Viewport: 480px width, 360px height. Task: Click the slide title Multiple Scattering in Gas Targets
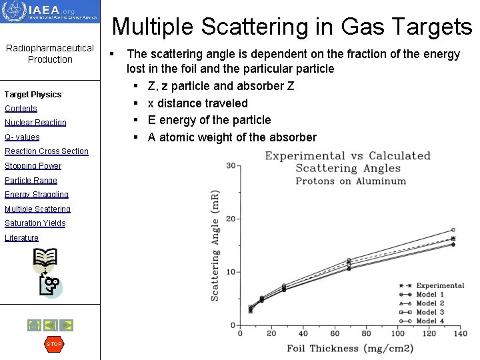pyautogui.click(x=292, y=27)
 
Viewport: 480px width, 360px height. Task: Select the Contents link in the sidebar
pyautogui.click(x=21, y=109)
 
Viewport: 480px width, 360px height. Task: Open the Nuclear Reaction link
pyautogui.click(x=35, y=123)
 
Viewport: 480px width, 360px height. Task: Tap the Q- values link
pyautogui.click(x=22, y=137)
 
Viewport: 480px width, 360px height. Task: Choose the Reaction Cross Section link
pyautogui.click(x=47, y=151)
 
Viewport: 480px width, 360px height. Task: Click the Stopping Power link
pyautogui.click(x=33, y=166)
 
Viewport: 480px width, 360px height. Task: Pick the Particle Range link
pyautogui.click(x=31, y=181)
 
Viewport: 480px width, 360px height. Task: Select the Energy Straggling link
pyautogui.click(x=37, y=195)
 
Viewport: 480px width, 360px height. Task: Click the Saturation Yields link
pyautogui.click(x=35, y=223)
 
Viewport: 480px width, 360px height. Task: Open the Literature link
pyautogui.click(x=21, y=238)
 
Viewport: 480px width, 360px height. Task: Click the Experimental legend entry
pyautogui.click(x=439, y=285)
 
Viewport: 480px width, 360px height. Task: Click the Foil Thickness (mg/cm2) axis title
pyautogui.click(x=350, y=348)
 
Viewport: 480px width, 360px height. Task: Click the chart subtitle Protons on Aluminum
pyautogui.click(x=351, y=181)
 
